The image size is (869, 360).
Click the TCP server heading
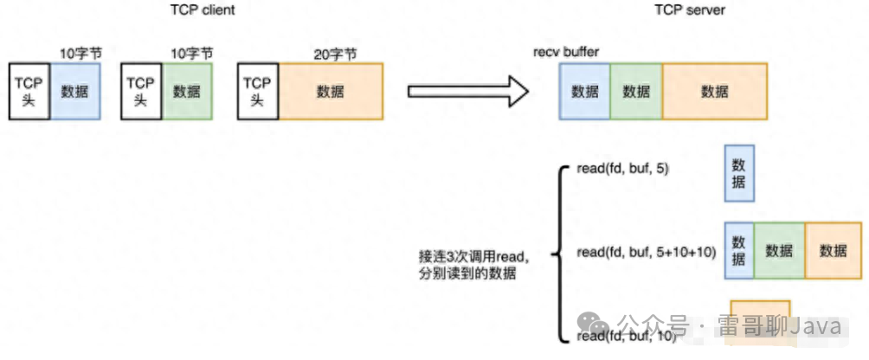pyautogui.click(x=691, y=10)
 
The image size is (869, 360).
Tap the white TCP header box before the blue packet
pyautogui.click(x=29, y=91)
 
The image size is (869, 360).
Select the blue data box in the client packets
pyautogui.click(x=75, y=91)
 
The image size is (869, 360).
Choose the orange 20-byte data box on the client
pyautogui.click(x=331, y=91)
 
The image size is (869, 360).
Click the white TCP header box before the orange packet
pyautogui.click(x=257, y=91)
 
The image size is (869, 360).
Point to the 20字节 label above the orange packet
pyautogui.click(x=331, y=54)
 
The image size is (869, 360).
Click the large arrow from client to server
pyautogui.click(x=467, y=91)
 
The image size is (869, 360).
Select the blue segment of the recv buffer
pyautogui.click(x=585, y=91)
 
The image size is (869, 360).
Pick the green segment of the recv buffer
pyautogui.click(x=636, y=91)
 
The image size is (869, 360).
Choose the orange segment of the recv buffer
pyautogui.click(x=715, y=91)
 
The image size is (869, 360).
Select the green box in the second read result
pyautogui.click(x=779, y=250)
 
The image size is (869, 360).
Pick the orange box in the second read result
pyautogui.click(x=833, y=250)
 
